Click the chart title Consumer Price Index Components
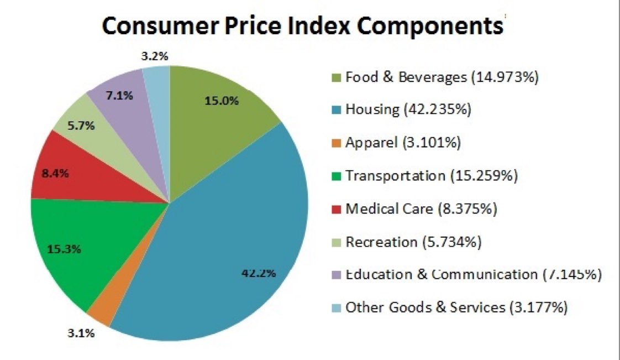pyautogui.click(x=302, y=26)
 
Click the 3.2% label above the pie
pyautogui.click(x=155, y=56)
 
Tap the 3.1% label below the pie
pyautogui.click(x=81, y=333)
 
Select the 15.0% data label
pyautogui.click(x=222, y=101)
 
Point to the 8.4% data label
pyautogui.click(x=55, y=173)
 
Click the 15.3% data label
pyautogui.click(x=64, y=249)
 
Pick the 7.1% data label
pyautogui.click(x=119, y=95)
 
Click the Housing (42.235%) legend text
pyautogui.click(x=408, y=109)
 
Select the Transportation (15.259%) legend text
pyautogui.click(x=432, y=176)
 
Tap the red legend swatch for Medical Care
pyautogui.click(x=336, y=209)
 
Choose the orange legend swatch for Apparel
pyautogui.click(x=336, y=143)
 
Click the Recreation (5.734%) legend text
pyautogui.click(x=413, y=242)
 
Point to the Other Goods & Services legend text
pyautogui.click(x=456, y=307)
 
